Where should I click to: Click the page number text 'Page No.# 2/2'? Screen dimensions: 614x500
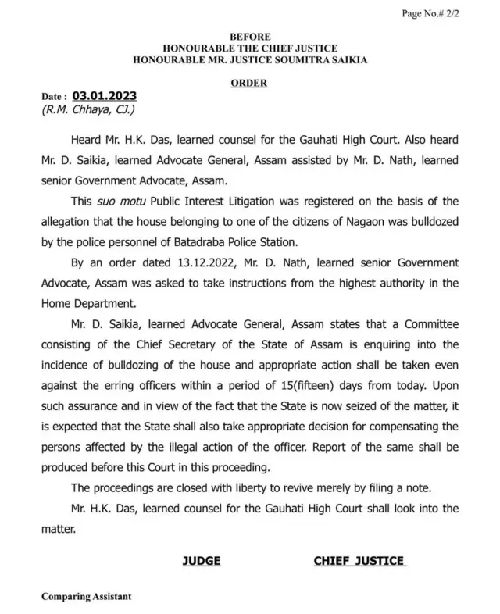[x=450, y=14]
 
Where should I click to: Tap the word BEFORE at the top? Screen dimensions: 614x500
[x=250, y=37]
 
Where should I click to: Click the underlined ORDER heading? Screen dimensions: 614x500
[x=250, y=82]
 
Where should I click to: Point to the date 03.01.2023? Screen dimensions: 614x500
[x=105, y=96]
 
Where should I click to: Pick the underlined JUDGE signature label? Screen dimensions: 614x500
[x=202, y=561]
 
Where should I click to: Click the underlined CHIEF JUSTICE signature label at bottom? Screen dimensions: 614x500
[x=359, y=561]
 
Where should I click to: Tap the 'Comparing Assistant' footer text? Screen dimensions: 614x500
[x=87, y=596]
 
